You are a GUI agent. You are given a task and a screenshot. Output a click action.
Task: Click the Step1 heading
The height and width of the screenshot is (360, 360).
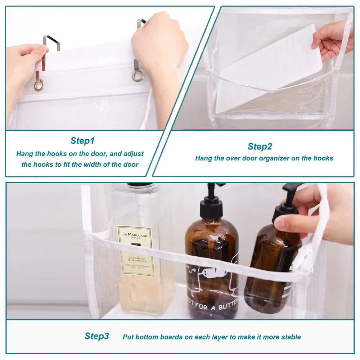coord(82,140)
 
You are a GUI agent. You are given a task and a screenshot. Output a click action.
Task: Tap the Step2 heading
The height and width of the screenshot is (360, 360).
coord(260,147)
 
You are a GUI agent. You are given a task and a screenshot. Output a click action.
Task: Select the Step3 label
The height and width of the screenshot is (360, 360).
coord(96,336)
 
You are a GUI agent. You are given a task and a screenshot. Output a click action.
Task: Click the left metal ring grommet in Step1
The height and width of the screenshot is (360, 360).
coord(39,85)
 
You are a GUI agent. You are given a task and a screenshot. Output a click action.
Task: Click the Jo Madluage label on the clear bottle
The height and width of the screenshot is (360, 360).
coord(135,250)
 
